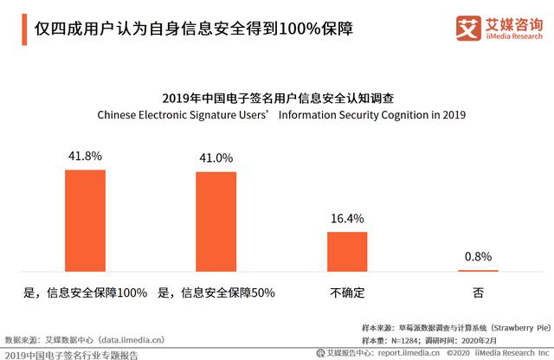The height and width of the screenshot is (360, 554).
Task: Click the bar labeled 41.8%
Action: click(x=85, y=220)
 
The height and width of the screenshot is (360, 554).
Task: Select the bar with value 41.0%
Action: click(x=216, y=222)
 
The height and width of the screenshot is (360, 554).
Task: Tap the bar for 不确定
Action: click(x=347, y=251)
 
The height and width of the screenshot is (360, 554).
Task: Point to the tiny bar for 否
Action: click(x=478, y=270)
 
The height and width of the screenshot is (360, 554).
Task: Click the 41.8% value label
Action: click(x=85, y=157)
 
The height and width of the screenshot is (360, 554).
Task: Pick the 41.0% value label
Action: click(x=216, y=158)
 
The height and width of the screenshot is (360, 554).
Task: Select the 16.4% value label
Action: click(x=347, y=219)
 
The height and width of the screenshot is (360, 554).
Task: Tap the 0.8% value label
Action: click(x=478, y=256)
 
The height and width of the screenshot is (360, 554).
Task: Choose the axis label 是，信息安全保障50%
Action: click(x=216, y=292)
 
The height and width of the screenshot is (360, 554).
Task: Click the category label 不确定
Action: click(x=347, y=292)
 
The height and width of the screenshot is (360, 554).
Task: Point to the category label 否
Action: click(x=478, y=292)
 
